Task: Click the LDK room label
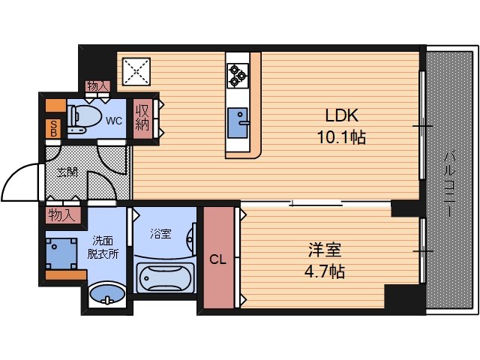[x=342, y=116]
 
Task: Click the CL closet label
[x=217, y=260]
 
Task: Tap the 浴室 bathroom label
[x=160, y=233]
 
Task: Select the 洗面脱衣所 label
[x=106, y=247]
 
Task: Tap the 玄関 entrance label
[x=67, y=172]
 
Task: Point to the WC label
[x=114, y=120]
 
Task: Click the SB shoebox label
[x=54, y=127]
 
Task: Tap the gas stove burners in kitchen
[x=238, y=73]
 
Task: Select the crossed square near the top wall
[x=136, y=71]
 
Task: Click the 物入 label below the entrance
[x=61, y=216]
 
